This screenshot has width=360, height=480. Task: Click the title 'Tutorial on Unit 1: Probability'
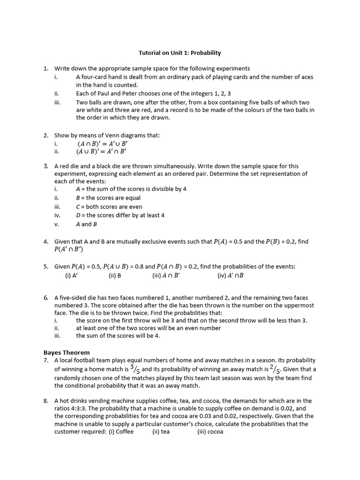(180, 53)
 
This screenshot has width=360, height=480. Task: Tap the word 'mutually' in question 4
(127, 242)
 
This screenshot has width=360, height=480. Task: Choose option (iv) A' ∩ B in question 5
(230, 276)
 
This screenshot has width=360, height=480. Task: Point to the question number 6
(46, 298)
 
